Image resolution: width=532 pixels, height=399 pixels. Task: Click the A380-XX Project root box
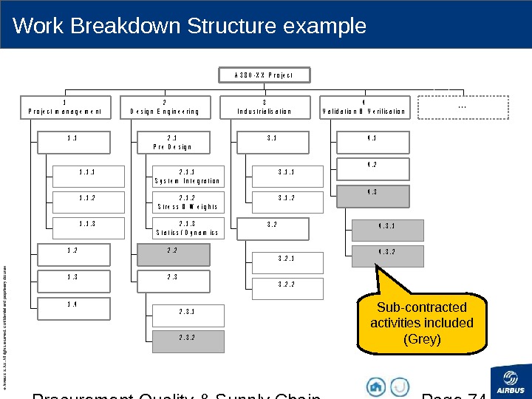(x=264, y=75)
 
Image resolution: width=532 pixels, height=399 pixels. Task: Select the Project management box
(x=65, y=107)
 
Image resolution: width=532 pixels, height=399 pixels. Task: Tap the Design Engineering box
(x=165, y=107)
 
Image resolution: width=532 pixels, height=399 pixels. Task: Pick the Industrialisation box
(x=265, y=107)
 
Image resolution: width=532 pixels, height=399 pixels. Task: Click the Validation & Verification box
(x=364, y=107)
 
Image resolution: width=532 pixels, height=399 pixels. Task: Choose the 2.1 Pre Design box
(x=173, y=141)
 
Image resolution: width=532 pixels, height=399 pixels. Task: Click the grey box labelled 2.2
(x=173, y=255)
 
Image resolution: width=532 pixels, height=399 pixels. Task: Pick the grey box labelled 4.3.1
(x=387, y=230)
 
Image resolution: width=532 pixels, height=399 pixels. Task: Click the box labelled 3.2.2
(x=287, y=287)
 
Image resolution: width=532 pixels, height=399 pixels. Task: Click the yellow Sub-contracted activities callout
(x=422, y=323)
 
